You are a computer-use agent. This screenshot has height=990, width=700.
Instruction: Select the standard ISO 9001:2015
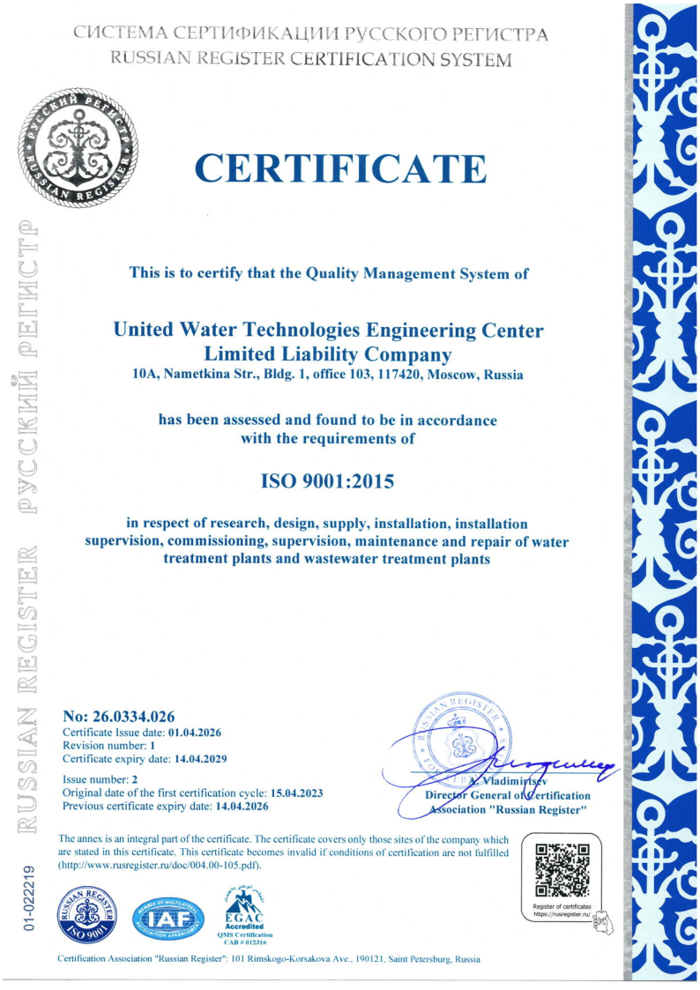click(327, 482)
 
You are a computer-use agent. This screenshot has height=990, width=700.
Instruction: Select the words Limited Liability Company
click(328, 354)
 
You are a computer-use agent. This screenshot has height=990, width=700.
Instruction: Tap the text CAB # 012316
click(246, 942)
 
